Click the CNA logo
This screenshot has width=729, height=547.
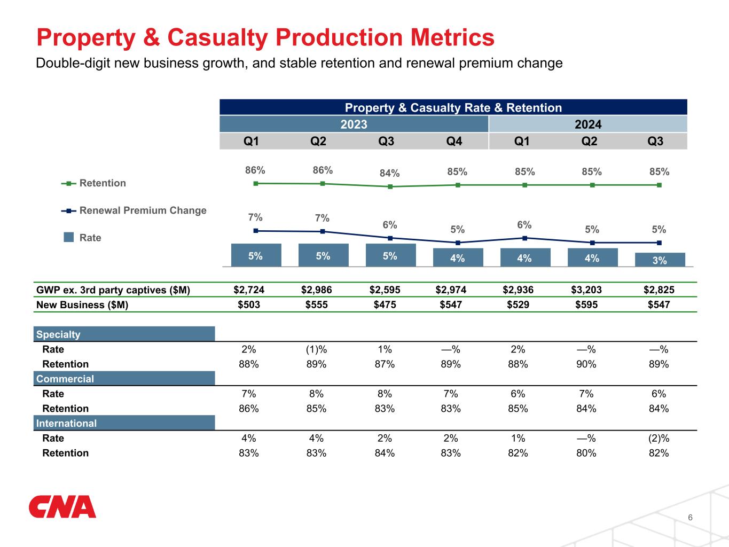pos(62,507)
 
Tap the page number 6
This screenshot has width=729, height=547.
pos(690,518)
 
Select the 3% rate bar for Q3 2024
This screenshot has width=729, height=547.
pos(660,260)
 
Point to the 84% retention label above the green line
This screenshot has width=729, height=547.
pos(390,173)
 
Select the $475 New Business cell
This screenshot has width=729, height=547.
pos(385,305)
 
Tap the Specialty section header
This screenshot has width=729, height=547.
pos(124,334)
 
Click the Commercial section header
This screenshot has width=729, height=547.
pos(124,379)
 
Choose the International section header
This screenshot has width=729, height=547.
pos(124,423)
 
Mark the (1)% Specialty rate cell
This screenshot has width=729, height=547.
pos(316,349)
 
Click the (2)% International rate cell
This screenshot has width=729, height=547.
pos(659,438)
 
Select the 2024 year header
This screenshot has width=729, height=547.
pos(587,124)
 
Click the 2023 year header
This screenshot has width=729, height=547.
pos(354,124)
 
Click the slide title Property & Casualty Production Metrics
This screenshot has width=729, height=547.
pos(265,38)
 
